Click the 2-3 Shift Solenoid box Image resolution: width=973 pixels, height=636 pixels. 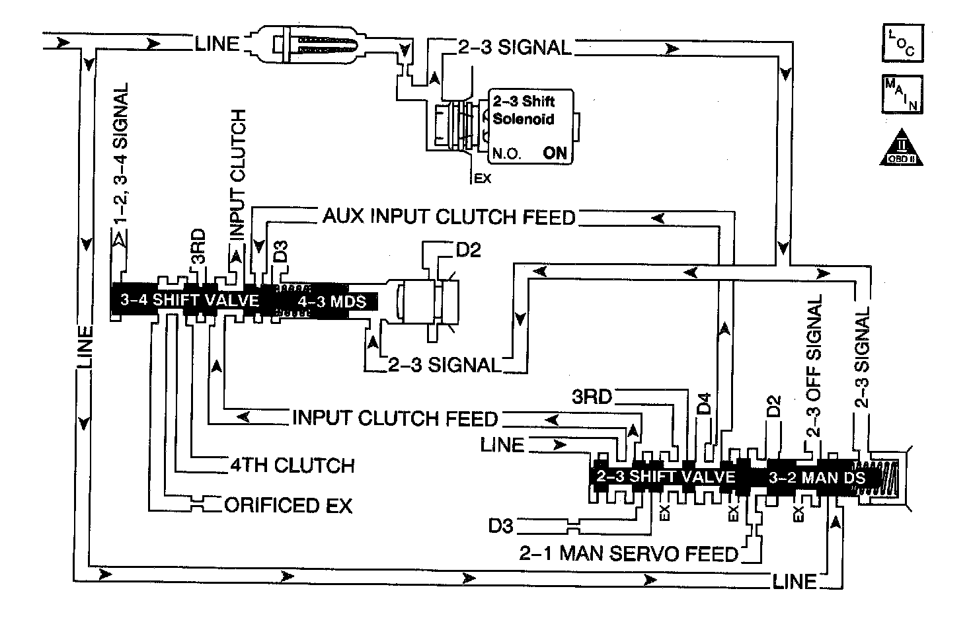(x=530, y=126)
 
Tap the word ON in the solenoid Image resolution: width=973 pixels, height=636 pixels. (x=555, y=153)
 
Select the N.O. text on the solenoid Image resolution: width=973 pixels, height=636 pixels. (x=506, y=154)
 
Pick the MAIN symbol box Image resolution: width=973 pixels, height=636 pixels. (x=902, y=95)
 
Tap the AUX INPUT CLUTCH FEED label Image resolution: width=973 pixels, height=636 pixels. (x=449, y=216)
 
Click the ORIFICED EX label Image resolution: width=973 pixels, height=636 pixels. (x=288, y=505)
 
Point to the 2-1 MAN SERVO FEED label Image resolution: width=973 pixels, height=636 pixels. (x=629, y=553)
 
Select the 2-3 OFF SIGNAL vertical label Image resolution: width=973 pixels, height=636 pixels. (x=815, y=366)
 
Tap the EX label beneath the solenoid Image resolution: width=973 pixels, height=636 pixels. (x=483, y=178)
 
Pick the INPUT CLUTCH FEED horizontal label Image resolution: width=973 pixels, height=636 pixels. (x=395, y=418)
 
